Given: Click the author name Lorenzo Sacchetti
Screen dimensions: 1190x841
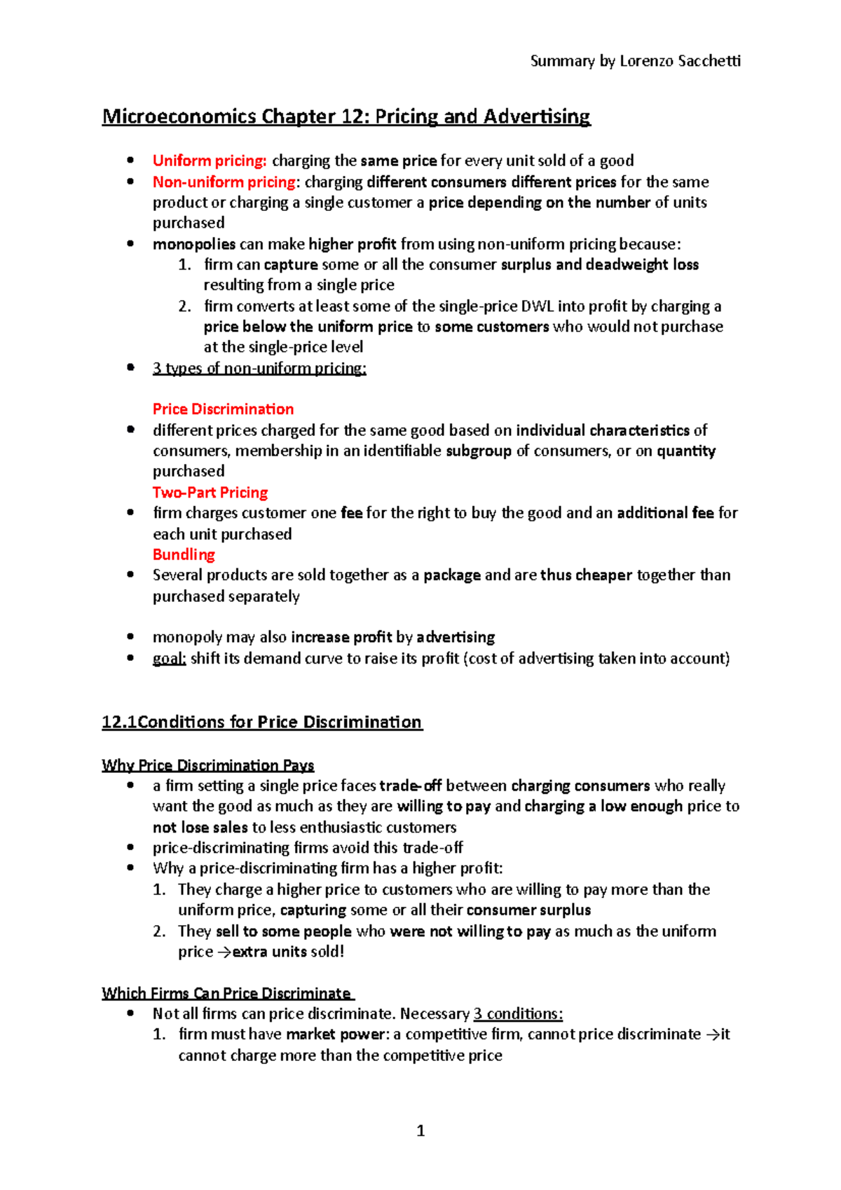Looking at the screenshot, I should coord(679,61).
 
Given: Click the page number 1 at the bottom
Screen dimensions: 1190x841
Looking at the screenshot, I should coord(420,1130).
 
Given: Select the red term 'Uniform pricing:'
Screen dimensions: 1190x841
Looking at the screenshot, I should coord(210,160).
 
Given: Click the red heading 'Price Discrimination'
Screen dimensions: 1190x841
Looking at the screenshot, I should coord(223,409).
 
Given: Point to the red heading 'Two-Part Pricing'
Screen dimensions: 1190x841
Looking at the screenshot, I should coord(210,493).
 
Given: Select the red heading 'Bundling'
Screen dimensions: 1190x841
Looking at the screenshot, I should coord(184,554).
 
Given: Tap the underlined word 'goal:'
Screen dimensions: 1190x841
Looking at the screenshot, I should coord(169,659).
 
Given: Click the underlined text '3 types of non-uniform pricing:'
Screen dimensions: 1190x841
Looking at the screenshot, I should coord(259,369).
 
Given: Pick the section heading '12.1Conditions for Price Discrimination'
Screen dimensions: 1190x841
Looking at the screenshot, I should coord(261,722).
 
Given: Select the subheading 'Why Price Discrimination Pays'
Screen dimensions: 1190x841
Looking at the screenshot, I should coord(207,765).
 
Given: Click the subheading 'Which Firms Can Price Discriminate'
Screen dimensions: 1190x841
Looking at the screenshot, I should coord(226,993).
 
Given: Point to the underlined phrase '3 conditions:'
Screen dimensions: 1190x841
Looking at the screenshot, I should coord(518,1014).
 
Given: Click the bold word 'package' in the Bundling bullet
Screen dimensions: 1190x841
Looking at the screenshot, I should coord(452,575).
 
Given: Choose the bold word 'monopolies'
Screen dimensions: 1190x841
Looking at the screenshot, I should coord(194,245).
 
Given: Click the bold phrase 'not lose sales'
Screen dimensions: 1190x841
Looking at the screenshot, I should coord(200,828).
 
